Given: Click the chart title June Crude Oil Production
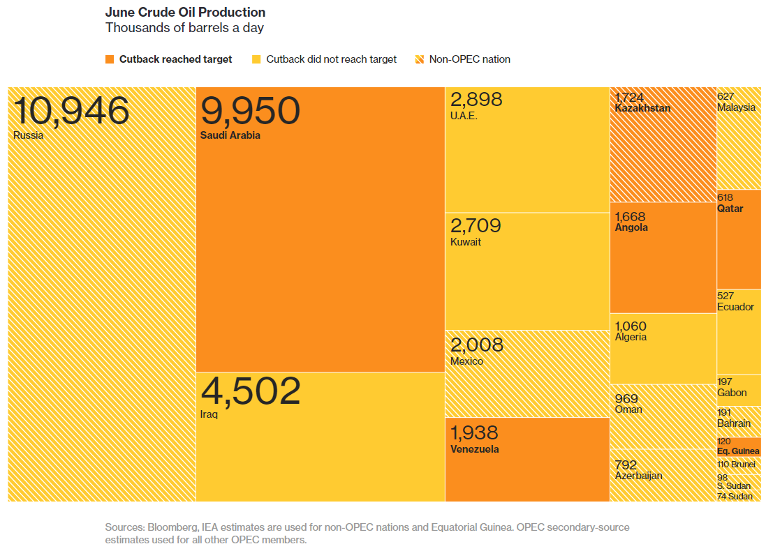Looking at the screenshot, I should coord(185,13).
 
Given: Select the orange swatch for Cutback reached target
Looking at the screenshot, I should coord(110,59).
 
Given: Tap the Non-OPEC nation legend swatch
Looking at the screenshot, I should coord(420,59).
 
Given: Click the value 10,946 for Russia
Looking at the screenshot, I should coord(71,111).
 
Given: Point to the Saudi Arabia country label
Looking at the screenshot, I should coord(230,135).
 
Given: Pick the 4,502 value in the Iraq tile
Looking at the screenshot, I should coord(250,391).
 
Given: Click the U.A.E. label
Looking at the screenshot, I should coord(464,116).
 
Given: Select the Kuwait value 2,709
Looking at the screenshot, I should coord(476,225).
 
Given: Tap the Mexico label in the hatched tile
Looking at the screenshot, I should coord(466,361).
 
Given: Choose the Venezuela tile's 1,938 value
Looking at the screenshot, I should coord(474,432).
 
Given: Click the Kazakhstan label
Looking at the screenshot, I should coord(642,108).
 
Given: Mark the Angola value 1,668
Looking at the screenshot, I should coord(630,216).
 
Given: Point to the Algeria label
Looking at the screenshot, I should coord(631,337).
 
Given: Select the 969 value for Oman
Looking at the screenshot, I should coord(626,398).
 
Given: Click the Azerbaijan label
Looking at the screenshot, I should coord(638,476).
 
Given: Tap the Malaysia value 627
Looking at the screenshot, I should coord(726,97).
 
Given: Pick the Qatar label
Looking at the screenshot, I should coord(730,209).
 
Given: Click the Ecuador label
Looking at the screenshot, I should coord(735,307).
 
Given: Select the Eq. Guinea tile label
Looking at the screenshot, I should coord(738,451).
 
